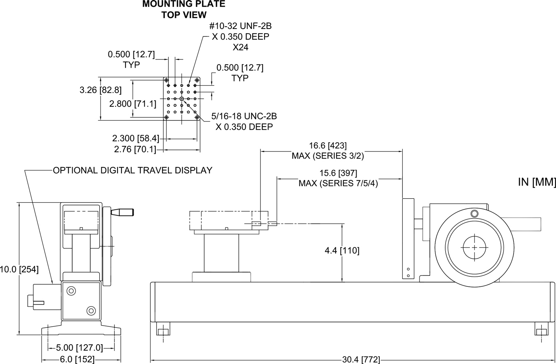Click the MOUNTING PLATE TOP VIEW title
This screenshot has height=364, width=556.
click(x=183, y=9)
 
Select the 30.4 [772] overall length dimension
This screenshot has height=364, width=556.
click(x=361, y=359)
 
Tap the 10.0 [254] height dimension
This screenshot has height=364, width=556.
click(x=19, y=270)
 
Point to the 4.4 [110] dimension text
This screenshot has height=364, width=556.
click(x=342, y=251)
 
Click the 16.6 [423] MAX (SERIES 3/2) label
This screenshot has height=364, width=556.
click(x=328, y=151)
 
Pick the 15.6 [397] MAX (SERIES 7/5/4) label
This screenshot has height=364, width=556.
click(x=338, y=178)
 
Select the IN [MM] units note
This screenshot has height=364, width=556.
click(x=536, y=182)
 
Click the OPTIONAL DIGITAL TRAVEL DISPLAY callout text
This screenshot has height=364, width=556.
click(x=133, y=171)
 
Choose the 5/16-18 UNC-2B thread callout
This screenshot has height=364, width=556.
click(x=244, y=121)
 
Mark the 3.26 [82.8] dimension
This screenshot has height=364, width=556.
click(x=100, y=90)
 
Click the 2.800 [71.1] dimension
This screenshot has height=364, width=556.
click(x=133, y=104)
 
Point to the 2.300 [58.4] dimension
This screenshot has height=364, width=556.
click(x=135, y=138)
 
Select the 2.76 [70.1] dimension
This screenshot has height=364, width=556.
click(x=135, y=149)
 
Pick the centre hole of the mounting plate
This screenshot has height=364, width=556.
click(x=181, y=98)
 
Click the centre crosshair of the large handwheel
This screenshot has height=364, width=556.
click(x=474, y=247)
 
